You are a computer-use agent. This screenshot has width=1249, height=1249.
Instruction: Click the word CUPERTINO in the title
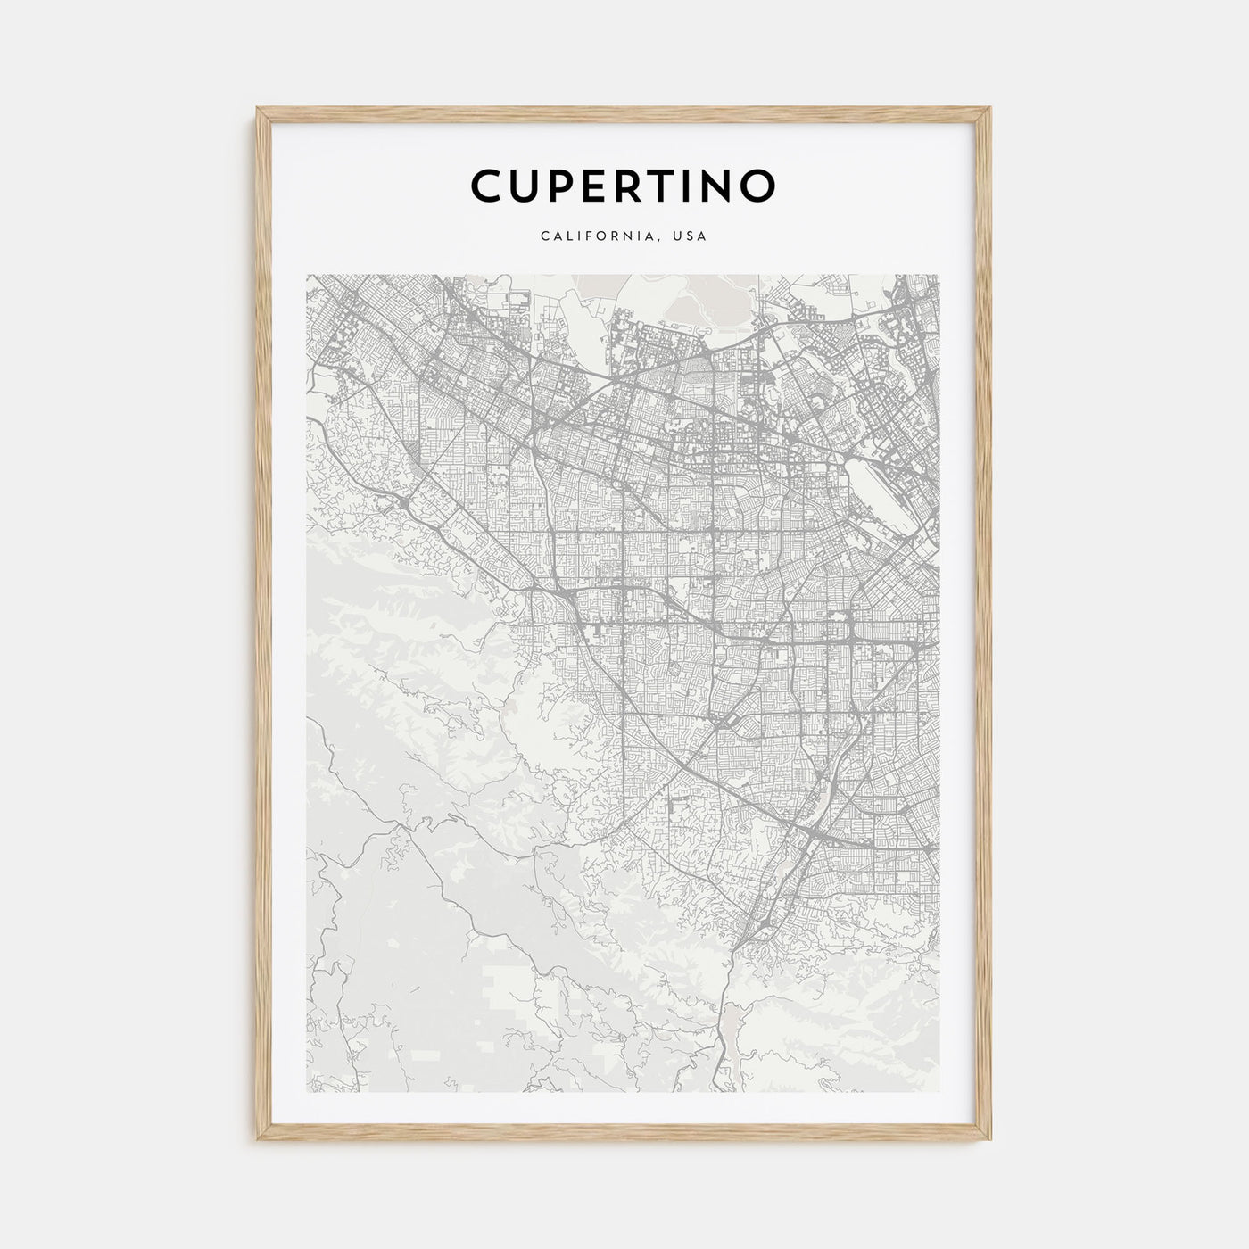pyautogui.click(x=623, y=186)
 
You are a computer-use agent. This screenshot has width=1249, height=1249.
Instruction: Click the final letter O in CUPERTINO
pyautogui.click(x=758, y=186)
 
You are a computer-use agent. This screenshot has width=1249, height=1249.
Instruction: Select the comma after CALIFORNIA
pyautogui.click(x=658, y=240)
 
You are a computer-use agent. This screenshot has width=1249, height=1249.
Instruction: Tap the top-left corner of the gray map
pyautogui.click(x=307, y=275)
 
